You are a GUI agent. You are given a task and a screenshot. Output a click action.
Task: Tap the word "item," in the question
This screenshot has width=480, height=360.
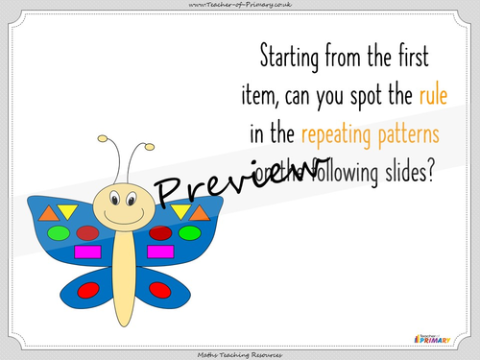click(264, 94)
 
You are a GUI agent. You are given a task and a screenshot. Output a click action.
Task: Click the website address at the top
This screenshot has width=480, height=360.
click(239, 6)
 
